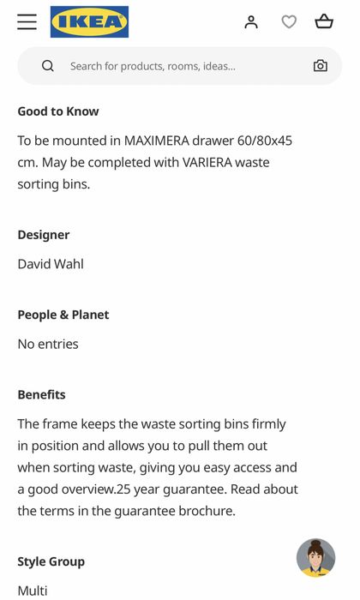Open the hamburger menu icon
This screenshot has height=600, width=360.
[x=27, y=22]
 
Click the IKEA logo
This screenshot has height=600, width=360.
[x=89, y=22]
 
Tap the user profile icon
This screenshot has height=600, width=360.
[x=251, y=22]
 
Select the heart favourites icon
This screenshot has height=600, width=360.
[x=289, y=22]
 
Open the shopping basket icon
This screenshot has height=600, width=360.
[x=324, y=22]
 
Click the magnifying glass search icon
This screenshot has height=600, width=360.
[x=48, y=66]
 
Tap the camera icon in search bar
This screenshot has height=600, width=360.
[x=320, y=66]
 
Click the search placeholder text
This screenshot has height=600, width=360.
[x=153, y=66]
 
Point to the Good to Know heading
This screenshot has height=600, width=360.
[x=58, y=111]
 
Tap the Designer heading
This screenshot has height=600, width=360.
[x=44, y=235]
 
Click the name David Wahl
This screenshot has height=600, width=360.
[x=51, y=264]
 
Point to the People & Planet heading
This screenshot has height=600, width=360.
[x=63, y=315]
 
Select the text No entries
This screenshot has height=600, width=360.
[x=48, y=344]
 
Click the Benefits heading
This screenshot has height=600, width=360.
[x=42, y=394]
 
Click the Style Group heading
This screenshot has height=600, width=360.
[x=51, y=561]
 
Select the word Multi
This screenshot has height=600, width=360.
[x=33, y=591]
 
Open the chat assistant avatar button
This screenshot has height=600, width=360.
[x=315, y=558]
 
